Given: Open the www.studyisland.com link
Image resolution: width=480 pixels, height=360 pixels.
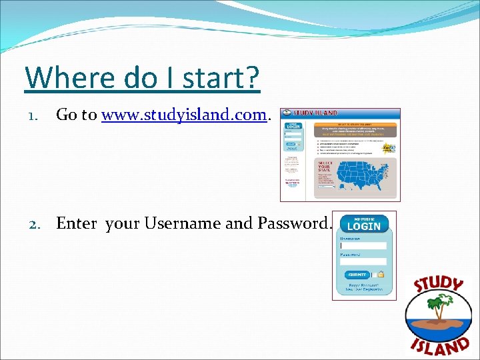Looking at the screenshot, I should coord(184,115).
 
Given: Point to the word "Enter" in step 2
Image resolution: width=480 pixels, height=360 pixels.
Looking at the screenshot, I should coord(76,223).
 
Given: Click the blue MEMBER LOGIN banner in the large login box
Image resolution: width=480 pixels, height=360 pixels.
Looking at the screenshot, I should coord(364,224).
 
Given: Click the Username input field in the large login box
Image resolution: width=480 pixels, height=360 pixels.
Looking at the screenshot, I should coord(363,245).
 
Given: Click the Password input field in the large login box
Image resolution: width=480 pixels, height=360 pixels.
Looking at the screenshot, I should coord(363,261).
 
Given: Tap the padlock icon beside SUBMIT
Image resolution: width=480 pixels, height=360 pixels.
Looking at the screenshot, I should coord(381,274).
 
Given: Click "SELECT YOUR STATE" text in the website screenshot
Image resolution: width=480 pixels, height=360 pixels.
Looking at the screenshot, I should coord(324,166).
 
